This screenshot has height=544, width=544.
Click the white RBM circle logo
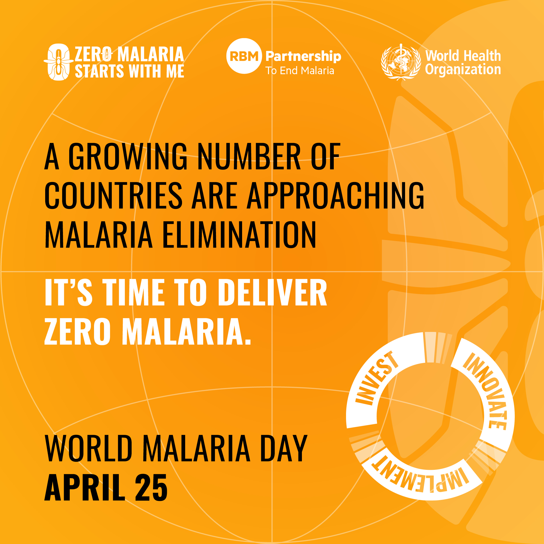pyautogui.click(x=244, y=56)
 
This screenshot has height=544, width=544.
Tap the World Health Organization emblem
pyautogui.click(x=401, y=62)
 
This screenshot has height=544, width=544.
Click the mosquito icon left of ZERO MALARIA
pyautogui.click(x=58, y=62)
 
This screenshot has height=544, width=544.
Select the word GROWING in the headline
pyautogui.click(x=128, y=156)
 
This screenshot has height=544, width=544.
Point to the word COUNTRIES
pyautogui.click(x=113, y=195)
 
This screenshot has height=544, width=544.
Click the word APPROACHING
pyautogui.click(x=335, y=195)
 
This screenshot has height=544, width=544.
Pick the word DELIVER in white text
pyautogui.click(x=273, y=292)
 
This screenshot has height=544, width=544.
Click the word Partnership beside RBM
pyautogui.click(x=303, y=56)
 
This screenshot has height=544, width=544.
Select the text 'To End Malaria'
pyautogui.click(x=300, y=71)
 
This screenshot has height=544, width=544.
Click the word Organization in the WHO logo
pyautogui.click(x=463, y=69)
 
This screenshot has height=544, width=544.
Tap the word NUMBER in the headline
pyautogui.click(x=249, y=156)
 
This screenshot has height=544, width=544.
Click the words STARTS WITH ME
pyautogui.click(x=130, y=71)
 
